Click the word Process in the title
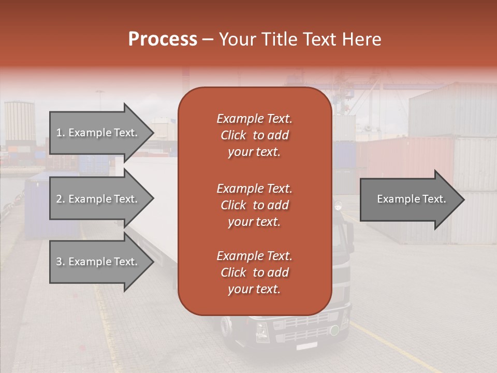[163, 39]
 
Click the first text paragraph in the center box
[254, 135]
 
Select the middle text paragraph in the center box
[254, 205]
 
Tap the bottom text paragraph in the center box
[254, 272]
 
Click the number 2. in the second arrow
[61, 199]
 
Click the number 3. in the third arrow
[61, 262]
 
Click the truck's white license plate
[306, 345]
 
